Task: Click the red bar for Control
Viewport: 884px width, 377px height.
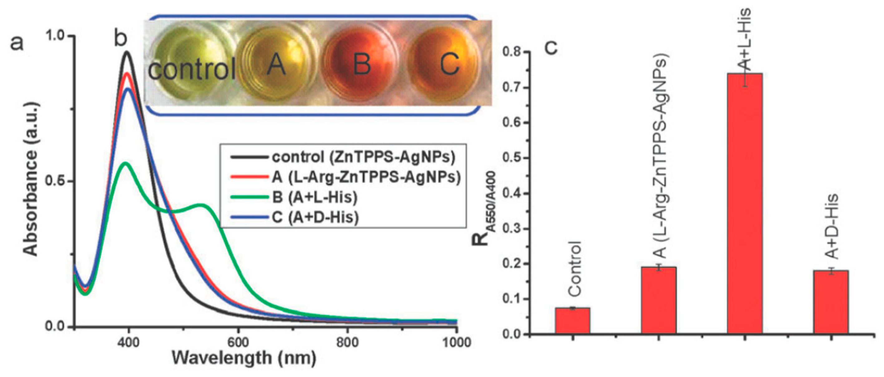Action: tap(572, 320)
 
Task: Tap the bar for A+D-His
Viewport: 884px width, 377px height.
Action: tap(831, 302)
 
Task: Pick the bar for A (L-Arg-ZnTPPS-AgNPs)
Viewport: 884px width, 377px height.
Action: tap(658, 300)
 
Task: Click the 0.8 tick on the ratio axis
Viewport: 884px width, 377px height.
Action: tap(512, 52)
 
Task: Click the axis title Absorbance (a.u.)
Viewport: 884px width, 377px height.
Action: tap(31, 178)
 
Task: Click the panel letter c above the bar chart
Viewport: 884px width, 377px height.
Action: tap(550, 47)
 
